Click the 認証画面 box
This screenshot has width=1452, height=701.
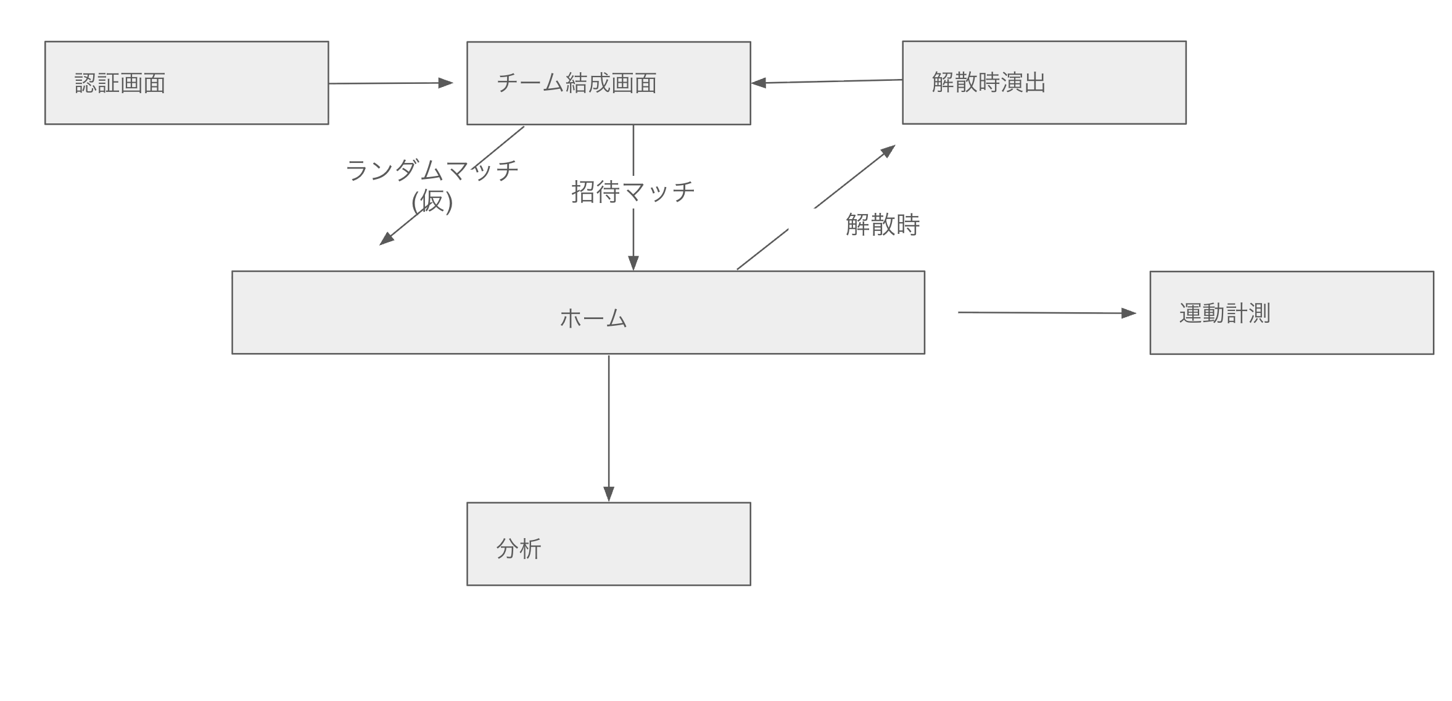186,83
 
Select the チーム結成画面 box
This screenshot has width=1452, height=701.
608,83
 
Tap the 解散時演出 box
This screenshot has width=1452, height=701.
1044,83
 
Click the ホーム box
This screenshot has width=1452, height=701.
578,312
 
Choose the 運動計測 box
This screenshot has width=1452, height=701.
1291,313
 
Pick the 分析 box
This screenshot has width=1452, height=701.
608,544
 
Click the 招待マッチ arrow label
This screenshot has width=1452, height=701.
633,191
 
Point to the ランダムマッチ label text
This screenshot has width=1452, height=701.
432,170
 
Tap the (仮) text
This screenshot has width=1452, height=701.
432,201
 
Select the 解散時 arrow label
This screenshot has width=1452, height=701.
882,224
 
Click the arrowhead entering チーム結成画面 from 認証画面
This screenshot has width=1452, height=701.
445,83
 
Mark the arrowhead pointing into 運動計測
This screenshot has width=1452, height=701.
1128,313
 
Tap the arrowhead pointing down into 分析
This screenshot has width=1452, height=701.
609,494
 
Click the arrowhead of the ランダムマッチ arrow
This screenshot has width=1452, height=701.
386,239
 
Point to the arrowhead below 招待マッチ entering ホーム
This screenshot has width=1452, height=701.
633,263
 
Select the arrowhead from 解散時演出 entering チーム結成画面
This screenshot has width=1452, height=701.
759,83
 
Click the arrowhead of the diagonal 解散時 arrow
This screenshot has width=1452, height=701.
888,150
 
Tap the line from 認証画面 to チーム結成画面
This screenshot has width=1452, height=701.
382,83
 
